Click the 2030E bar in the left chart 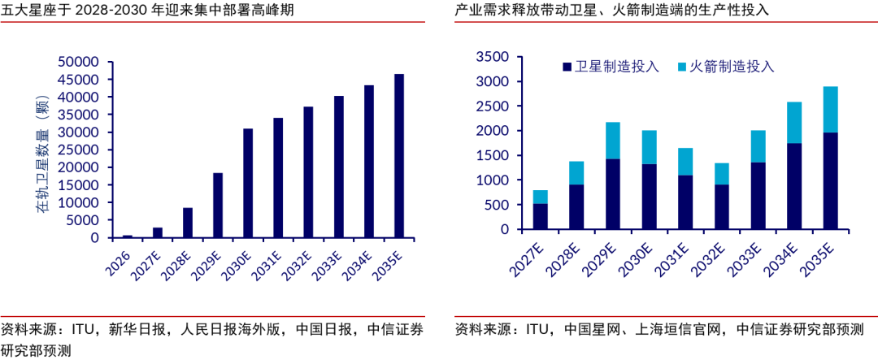[x=248, y=183]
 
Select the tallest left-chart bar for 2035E [x=399, y=156]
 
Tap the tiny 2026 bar [x=127, y=236]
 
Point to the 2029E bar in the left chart [x=218, y=206]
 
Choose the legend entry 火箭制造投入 [x=726, y=67]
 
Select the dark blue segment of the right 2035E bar [x=830, y=181]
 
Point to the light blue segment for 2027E [x=541, y=197]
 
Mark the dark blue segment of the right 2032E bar [x=722, y=206]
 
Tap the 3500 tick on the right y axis [x=492, y=57]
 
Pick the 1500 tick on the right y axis [x=492, y=156]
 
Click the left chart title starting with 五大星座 [x=146, y=10]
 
